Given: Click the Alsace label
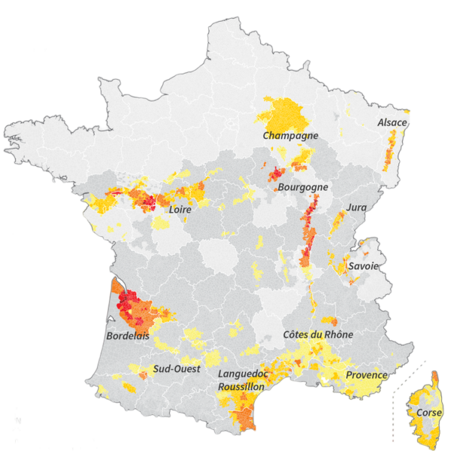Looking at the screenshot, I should pyautogui.click(x=392, y=123).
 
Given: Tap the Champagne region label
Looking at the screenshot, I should pyautogui.click(x=290, y=136).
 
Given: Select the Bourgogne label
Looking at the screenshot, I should pyautogui.click(x=304, y=187).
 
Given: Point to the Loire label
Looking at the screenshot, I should pyautogui.click(x=180, y=210).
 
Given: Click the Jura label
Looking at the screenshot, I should pyautogui.click(x=356, y=207).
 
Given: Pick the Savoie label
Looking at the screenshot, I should pyautogui.click(x=363, y=266).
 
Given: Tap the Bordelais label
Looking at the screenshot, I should pyautogui.click(x=127, y=335).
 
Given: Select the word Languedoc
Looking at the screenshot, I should pyautogui.click(x=242, y=374).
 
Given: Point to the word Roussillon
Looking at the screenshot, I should pyautogui.click(x=241, y=386).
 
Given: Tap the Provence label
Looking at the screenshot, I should pyautogui.click(x=366, y=375).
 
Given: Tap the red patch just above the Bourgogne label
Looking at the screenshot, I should pyautogui.click(x=276, y=173).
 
